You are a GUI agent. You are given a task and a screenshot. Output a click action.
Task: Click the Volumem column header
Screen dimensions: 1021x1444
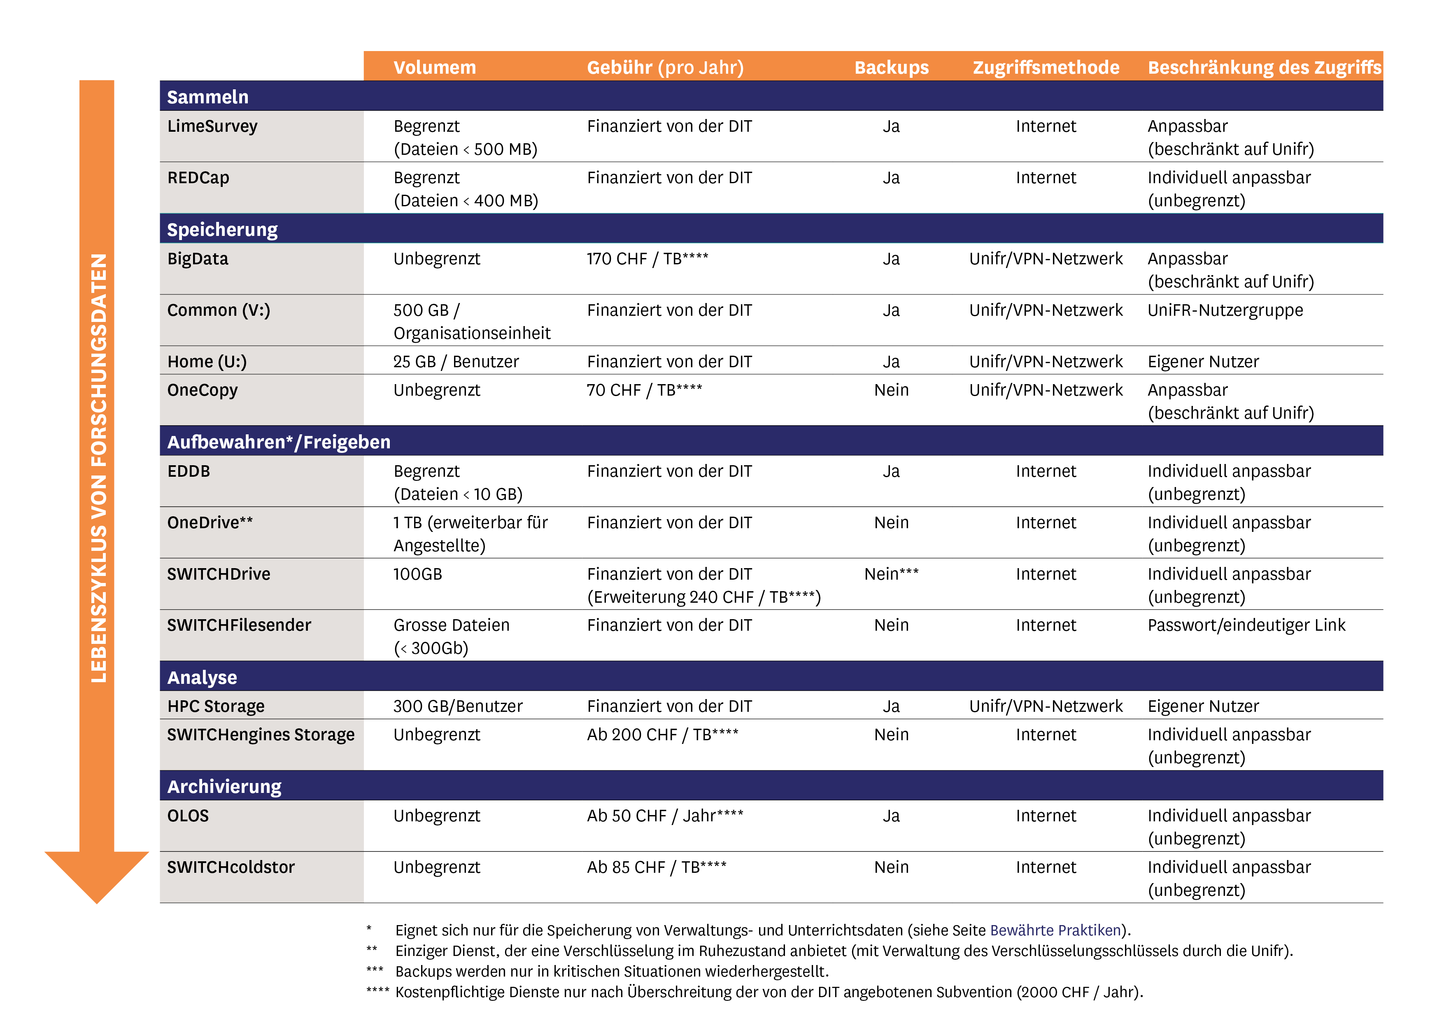click(435, 67)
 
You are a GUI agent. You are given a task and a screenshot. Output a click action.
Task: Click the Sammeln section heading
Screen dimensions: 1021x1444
click(207, 97)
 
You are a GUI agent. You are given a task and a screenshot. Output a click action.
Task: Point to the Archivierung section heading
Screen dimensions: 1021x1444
click(224, 786)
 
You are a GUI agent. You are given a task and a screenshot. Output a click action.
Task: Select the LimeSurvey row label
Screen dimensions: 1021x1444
click(212, 126)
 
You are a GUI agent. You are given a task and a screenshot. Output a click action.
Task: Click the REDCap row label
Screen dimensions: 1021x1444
click(198, 178)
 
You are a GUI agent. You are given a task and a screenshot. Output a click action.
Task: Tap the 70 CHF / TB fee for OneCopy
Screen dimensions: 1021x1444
click(644, 390)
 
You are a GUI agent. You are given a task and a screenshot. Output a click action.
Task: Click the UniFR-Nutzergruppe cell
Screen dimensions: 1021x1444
click(1225, 310)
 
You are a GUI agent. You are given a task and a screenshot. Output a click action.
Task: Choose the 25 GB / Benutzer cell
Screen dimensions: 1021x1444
click(456, 362)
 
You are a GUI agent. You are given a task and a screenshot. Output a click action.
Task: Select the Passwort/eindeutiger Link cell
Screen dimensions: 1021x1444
click(1246, 625)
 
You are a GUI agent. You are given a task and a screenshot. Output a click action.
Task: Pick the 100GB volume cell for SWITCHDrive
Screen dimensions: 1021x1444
click(418, 574)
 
